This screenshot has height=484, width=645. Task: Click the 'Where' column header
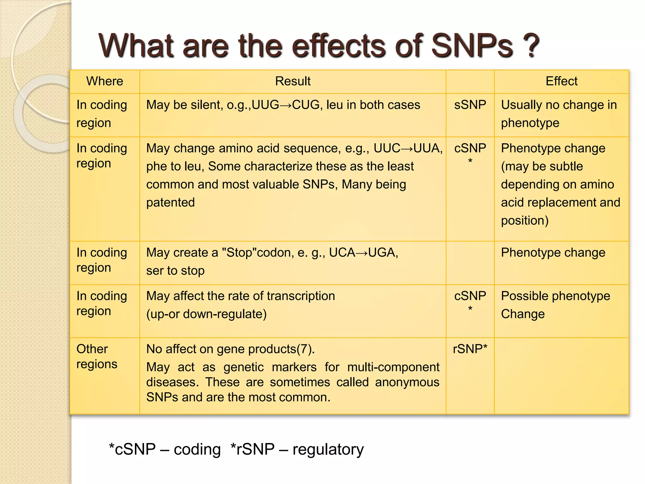105,81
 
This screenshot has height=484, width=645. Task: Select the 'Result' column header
293,81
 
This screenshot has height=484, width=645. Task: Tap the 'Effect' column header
561,81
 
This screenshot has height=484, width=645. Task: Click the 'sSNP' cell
470,105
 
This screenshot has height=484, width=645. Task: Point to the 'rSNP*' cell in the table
470,349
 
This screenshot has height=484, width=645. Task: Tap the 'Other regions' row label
97,356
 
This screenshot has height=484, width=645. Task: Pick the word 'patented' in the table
170,203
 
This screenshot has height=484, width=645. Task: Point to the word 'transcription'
301,296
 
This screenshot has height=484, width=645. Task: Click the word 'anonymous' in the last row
407,382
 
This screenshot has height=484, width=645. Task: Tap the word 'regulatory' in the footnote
328,449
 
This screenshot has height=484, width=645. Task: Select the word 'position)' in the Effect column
525,221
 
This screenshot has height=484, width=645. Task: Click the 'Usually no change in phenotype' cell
559,114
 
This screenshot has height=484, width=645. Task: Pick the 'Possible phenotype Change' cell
555,305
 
